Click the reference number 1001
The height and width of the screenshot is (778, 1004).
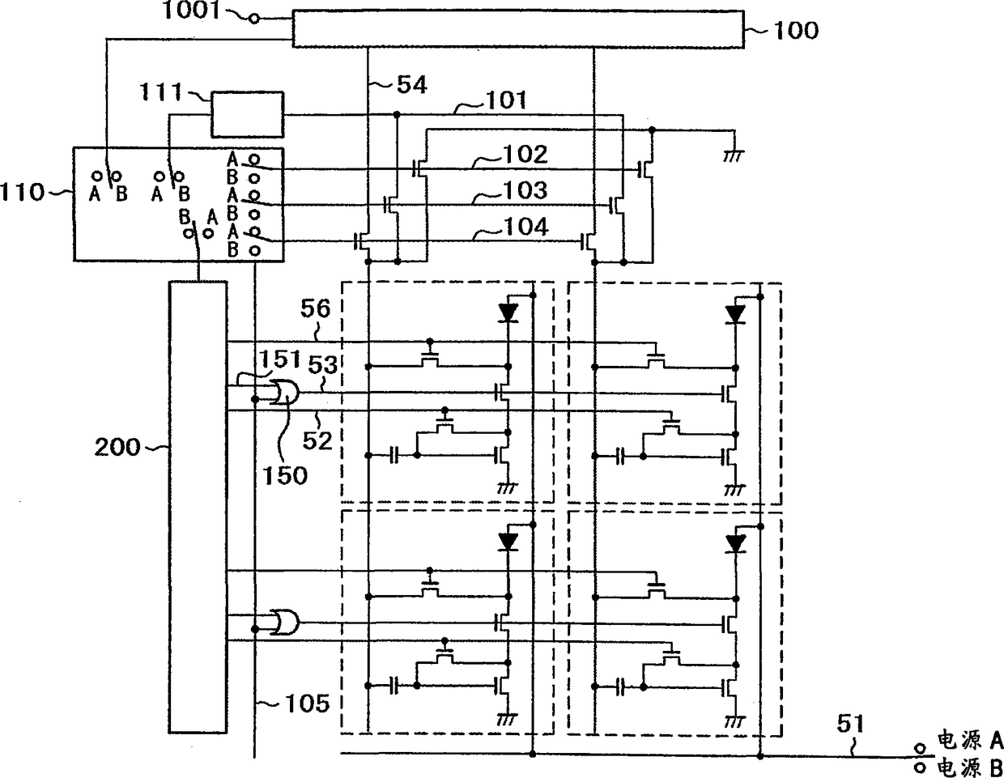tap(191, 11)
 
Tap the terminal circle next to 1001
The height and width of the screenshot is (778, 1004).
tap(253, 19)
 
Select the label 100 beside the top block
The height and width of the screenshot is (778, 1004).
tap(796, 31)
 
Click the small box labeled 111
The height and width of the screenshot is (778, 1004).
tap(247, 114)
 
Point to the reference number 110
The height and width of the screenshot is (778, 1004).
tap(22, 192)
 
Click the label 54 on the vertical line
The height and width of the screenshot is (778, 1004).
tap(412, 86)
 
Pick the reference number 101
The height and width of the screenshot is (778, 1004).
tap(506, 100)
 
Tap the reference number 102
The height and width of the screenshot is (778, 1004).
tap(525, 154)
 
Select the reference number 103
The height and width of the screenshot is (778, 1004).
tap(525, 190)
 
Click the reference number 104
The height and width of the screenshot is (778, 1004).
tap(525, 227)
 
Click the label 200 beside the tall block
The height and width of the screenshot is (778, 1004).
tap(117, 447)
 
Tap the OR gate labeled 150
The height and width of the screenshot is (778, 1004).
tap(285, 393)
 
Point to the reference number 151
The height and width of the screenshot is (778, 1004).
tap(280, 359)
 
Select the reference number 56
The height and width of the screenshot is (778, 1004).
tap(316, 308)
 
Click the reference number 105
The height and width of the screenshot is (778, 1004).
tap(307, 704)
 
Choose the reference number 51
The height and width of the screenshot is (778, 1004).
tap(850, 724)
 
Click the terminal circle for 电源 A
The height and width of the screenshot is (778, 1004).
tap(920, 748)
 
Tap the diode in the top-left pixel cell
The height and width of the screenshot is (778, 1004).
tap(508, 313)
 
